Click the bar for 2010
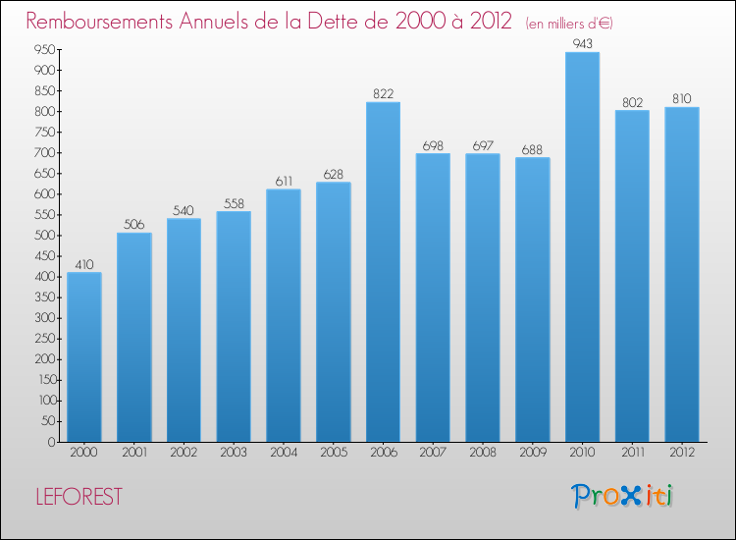pyautogui.click(x=582, y=247)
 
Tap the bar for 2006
pyautogui.click(x=383, y=272)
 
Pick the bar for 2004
pyautogui.click(x=284, y=315)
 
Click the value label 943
pyautogui.click(x=582, y=44)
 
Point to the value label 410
pyautogui.click(x=84, y=264)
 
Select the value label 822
pyautogui.click(x=383, y=94)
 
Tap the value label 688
pyautogui.click(x=532, y=149)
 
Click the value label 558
pyautogui.click(x=234, y=203)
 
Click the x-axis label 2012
pyautogui.click(x=681, y=453)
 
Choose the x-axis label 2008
pyautogui.click(x=482, y=453)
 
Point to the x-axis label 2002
pyautogui.click(x=184, y=453)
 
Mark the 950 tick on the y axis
pyautogui.click(x=43, y=49)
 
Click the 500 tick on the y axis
pyautogui.click(x=43, y=236)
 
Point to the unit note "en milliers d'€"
pyautogui.click(x=569, y=23)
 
